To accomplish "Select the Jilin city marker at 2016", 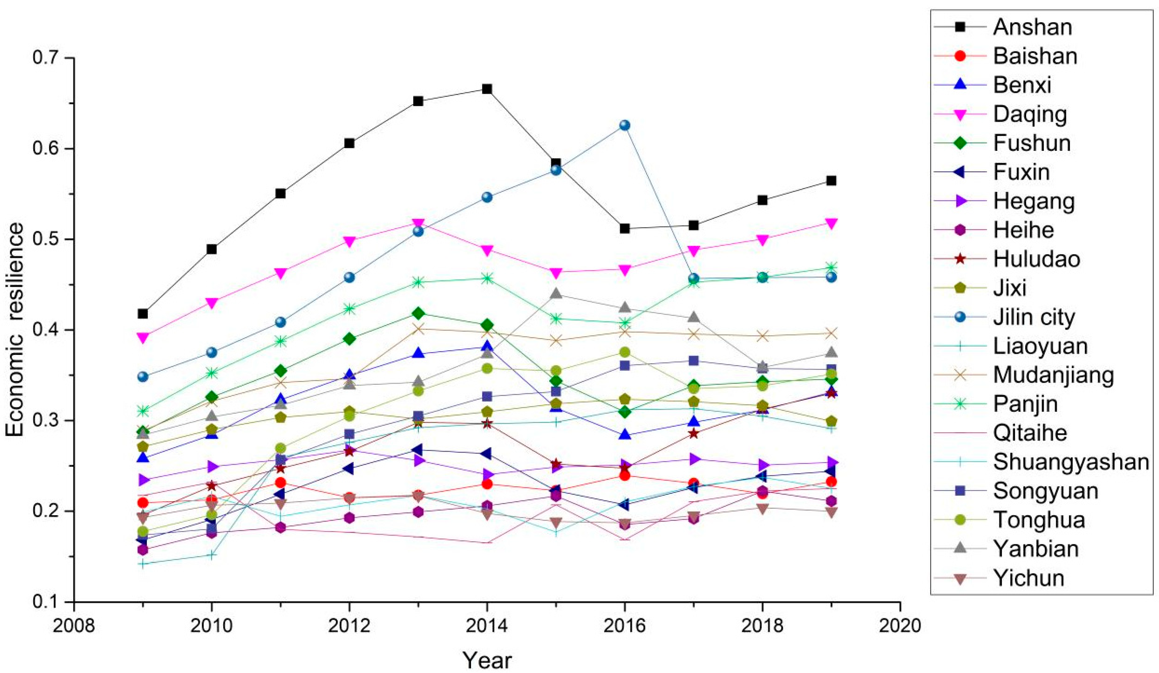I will click(625, 125).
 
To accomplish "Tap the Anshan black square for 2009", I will click(143, 314).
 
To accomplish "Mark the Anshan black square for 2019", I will click(831, 181).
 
